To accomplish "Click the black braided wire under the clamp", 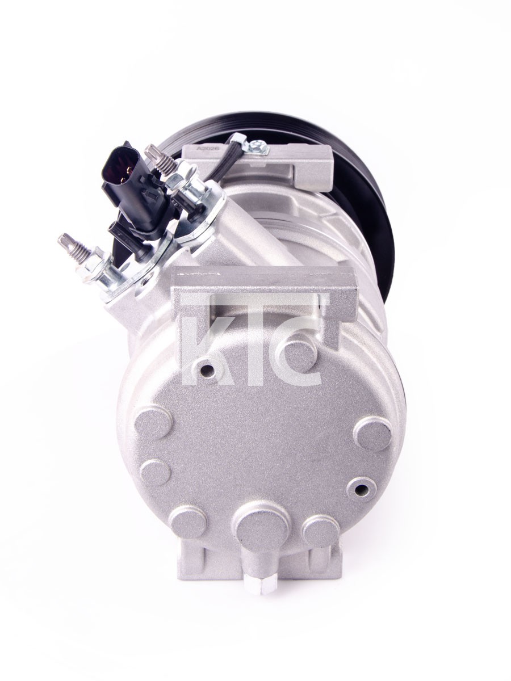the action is coord(220,163).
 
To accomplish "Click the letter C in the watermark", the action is coord(298,360).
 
